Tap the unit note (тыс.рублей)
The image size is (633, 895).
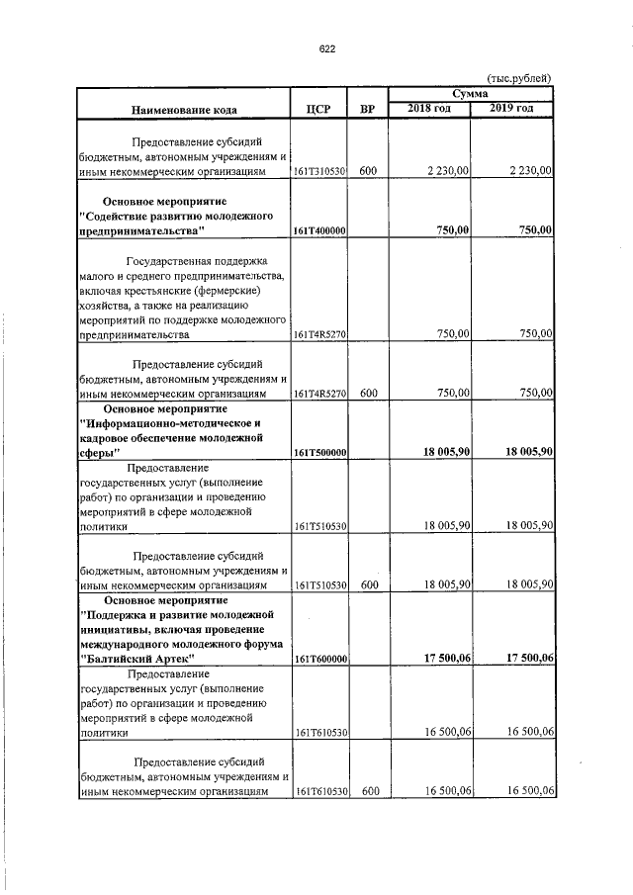point(522,78)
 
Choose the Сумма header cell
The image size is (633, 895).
point(470,93)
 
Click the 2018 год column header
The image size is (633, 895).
point(429,107)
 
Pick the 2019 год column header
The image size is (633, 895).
point(511,107)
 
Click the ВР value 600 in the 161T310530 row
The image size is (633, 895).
point(367,172)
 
